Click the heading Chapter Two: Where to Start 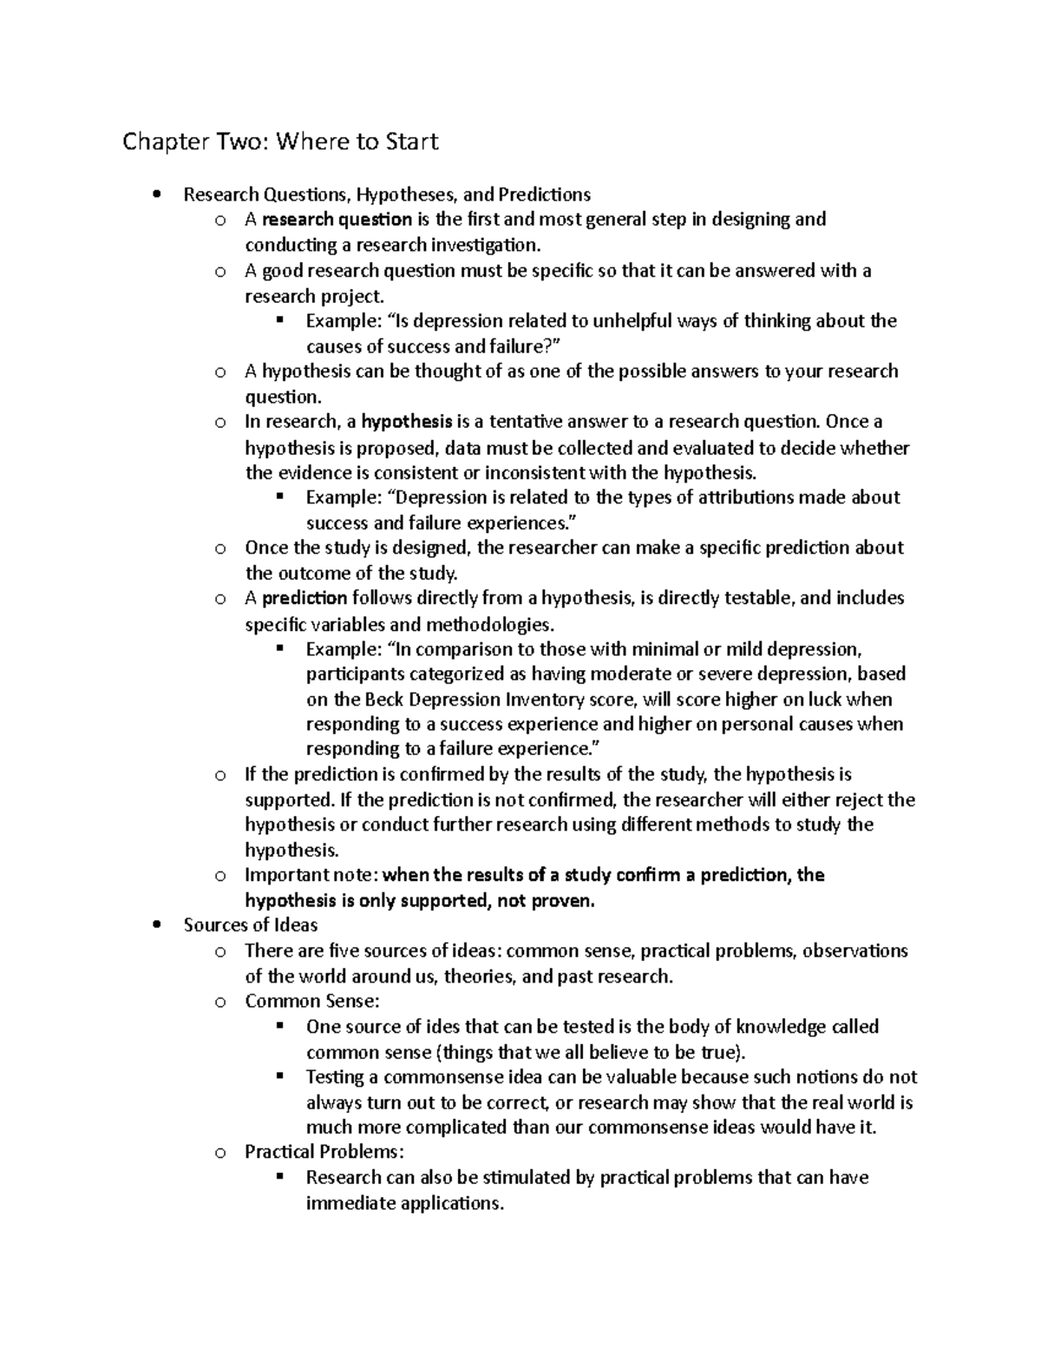pos(280,141)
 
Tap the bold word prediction pos(304,598)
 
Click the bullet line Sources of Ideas pos(251,925)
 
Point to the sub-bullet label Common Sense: pos(311,1002)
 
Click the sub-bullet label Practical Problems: pos(324,1153)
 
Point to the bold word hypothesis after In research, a pos(407,423)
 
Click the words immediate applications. pos(404,1204)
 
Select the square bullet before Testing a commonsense pos(279,1076)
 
